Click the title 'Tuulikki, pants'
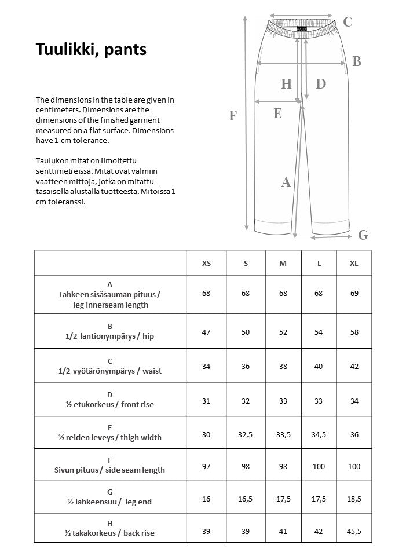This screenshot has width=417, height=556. tap(92, 50)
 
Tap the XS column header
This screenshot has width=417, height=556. tap(206, 263)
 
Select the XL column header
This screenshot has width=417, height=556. tap(354, 263)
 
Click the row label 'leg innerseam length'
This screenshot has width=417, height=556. tap(110, 305)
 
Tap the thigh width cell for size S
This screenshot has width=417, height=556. tap(246, 434)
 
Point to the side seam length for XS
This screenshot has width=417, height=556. tap(206, 466)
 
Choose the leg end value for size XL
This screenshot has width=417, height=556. tap(354, 499)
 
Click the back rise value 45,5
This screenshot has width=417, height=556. tap(354, 532)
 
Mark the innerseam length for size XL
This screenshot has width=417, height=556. tap(354, 294)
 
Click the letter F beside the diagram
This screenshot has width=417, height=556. tap(233, 116)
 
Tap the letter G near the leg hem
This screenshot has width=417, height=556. tap(363, 235)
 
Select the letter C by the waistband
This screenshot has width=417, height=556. tap(348, 22)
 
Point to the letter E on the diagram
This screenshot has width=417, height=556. tap(277, 114)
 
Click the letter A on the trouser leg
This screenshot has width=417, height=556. tap(286, 183)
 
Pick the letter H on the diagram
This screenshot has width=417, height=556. tap(286, 85)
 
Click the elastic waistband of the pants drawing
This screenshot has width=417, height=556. tap(301, 28)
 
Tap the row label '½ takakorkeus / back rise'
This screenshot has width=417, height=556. tap(110, 533)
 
